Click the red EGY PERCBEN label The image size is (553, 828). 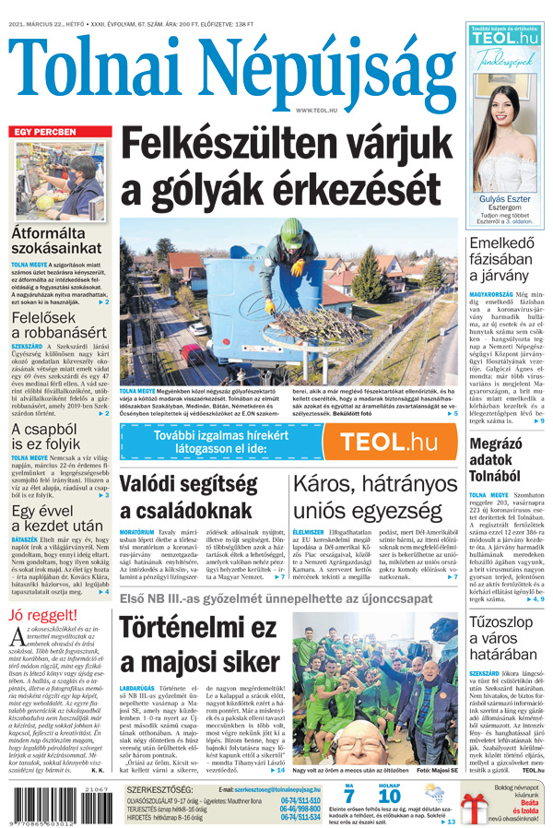click(x=43, y=132)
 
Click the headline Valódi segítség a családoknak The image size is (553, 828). click(x=196, y=498)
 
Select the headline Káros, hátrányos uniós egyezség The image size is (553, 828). click(x=376, y=498)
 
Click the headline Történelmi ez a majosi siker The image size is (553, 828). click(x=198, y=646)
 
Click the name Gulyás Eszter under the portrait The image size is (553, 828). click(x=505, y=198)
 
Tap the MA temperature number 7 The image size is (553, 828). click(x=349, y=795)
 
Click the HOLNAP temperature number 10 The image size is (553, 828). click(x=389, y=795)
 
